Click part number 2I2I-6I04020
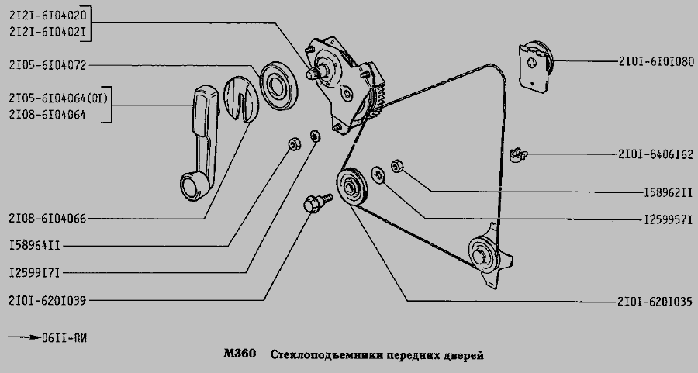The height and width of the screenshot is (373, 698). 48,15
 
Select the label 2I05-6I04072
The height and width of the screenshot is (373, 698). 48,64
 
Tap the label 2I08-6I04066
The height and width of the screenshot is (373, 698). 48,219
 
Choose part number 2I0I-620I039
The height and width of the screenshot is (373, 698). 48,299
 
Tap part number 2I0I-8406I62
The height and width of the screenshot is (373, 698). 655,154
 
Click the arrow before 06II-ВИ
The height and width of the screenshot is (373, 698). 23,337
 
